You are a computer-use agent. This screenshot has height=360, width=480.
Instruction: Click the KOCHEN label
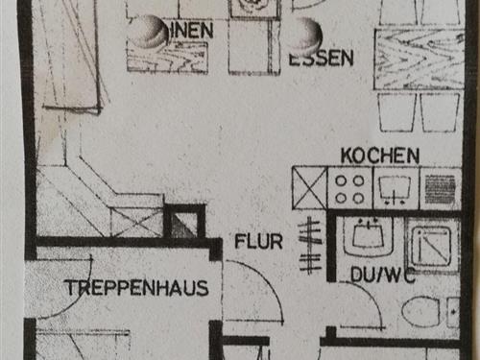click(x=380, y=156)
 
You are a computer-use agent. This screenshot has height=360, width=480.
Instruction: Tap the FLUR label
click(x=258, y=242)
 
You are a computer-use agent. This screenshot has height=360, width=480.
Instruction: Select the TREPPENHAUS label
click(x=136, y=287)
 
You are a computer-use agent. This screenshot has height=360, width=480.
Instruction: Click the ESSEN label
click(x=322, y=59)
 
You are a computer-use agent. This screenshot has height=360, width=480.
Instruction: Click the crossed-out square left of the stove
click(x=309, y=188)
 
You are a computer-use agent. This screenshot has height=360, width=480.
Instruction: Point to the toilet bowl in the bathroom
click(x=422, y=312)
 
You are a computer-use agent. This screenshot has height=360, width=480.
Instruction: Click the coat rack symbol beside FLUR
click(x=309, y=245)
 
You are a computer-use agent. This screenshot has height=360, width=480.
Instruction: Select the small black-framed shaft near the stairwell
click(x=183, y=223)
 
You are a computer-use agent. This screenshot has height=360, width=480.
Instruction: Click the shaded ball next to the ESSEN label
click(x=307, y=36)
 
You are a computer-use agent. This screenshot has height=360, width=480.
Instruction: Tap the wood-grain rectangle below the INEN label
click(x=167, y=58)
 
